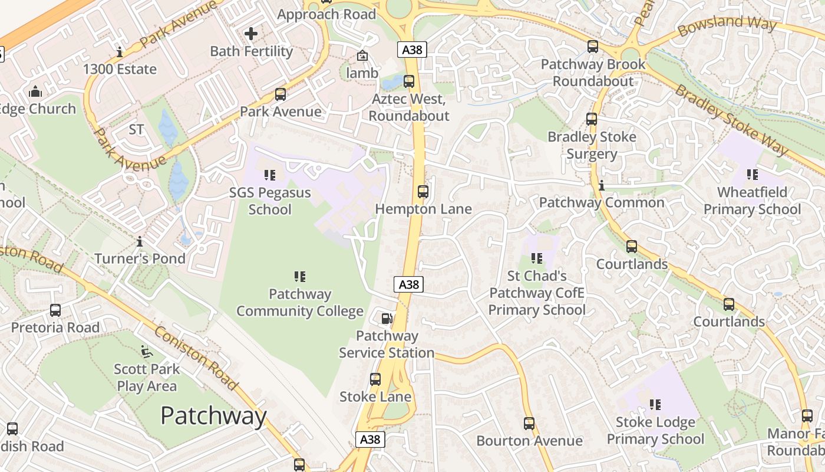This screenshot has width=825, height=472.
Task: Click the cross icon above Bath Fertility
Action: click(251, 33)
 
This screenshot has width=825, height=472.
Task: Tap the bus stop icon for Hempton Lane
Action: click(423, 191)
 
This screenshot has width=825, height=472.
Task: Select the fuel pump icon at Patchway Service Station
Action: click(387, 319)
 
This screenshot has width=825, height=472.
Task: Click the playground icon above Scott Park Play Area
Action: click(146, 352)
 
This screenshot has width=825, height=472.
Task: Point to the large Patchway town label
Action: click(213, 416)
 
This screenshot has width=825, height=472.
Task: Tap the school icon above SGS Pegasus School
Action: click(270, 175)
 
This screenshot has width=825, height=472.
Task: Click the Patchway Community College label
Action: click(299, 303)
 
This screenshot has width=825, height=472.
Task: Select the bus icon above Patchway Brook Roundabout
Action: click(593, 46)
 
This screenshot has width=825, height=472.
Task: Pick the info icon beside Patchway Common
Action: click(601, 185)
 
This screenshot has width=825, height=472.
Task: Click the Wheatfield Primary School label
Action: click(752, 201)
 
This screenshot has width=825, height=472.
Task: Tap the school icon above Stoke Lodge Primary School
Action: click(655, 404)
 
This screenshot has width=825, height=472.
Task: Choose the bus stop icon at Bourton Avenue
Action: click(529, 423)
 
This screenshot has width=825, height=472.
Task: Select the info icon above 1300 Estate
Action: click(120, 52)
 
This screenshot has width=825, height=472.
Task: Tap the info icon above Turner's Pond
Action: click(140, 241)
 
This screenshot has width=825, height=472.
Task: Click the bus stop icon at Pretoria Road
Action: click(55, 310)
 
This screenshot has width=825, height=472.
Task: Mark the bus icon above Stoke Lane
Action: click(375, 379)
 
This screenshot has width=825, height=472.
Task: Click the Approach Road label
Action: click(326, 14)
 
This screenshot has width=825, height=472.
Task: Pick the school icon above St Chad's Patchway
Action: click(537, 258)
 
